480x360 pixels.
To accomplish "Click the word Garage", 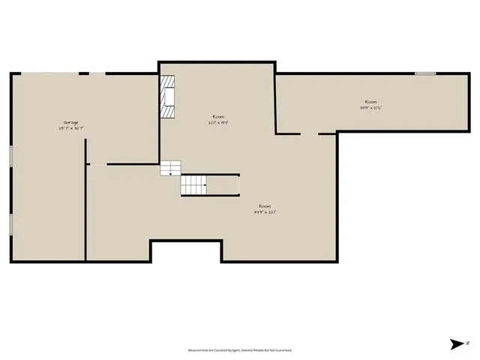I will point(70,122).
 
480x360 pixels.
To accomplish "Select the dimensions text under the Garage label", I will point(70,128).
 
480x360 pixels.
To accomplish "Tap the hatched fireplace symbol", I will point(169,97).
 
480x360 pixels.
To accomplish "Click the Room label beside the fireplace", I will point(218,116).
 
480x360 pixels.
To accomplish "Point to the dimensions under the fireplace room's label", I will point(218,122).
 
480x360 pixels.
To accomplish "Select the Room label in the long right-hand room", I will point(370,101).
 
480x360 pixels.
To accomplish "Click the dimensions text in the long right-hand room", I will point(370,107).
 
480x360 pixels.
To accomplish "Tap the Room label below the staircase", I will point(265,206).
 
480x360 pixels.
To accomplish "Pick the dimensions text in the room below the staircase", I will point(265,212).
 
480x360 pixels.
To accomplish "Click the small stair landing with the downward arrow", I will point(171,168).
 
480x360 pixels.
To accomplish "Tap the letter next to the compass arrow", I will point(468,344).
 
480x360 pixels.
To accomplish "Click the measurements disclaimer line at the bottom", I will point(239,350).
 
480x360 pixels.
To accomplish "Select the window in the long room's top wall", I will point(425,73).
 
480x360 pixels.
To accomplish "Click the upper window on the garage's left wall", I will point(10,155).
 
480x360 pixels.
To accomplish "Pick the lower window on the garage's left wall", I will point(10,224).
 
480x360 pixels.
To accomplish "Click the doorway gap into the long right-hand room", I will point(310,134).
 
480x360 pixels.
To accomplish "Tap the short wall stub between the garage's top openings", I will point(85,73).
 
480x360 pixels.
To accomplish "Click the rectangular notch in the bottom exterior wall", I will point(186,250).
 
